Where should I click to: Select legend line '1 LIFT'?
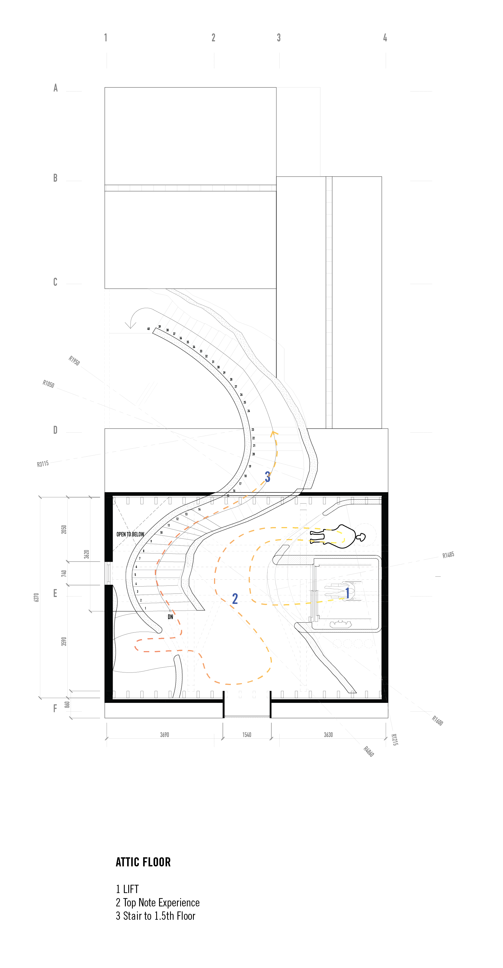click(x=127, y=889)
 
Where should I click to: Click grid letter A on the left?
click(x=56, y=88)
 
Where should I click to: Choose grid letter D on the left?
click(x=55, y=430)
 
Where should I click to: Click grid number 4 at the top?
click(x=385, y=38)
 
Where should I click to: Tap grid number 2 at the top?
click(x=213, y=38)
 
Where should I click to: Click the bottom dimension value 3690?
click(x=164, y=735)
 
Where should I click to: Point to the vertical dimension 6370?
click(x=37, y=597)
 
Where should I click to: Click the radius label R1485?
click(x=448, y=555)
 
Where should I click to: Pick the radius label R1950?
click(x=74, y=360)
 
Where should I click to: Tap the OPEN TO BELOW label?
click(x=130, y=534)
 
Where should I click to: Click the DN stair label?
click(x=171, y=617)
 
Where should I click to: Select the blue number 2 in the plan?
click(x=235, y=599)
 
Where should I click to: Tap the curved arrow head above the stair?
click(x=130, y=325)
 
